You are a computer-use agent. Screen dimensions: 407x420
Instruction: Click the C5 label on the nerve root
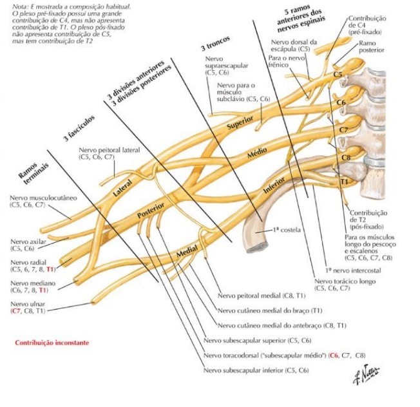coord(338,75)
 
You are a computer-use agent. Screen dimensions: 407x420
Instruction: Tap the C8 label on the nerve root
coord(346,156)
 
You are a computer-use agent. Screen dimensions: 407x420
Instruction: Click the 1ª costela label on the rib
coord(283,229)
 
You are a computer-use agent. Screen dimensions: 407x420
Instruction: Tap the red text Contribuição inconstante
coord(52,343)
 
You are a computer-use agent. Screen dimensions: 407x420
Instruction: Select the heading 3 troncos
coord(215,46)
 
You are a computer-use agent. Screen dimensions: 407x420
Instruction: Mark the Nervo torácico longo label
coord(339,281)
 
